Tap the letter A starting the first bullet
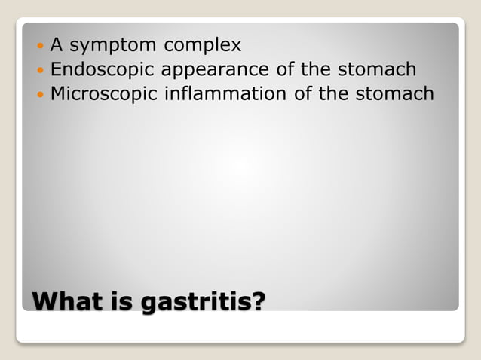click(x=56, y=45)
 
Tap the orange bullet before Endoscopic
click(x=41, y=71)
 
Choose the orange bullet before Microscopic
click(x=41, y=95)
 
